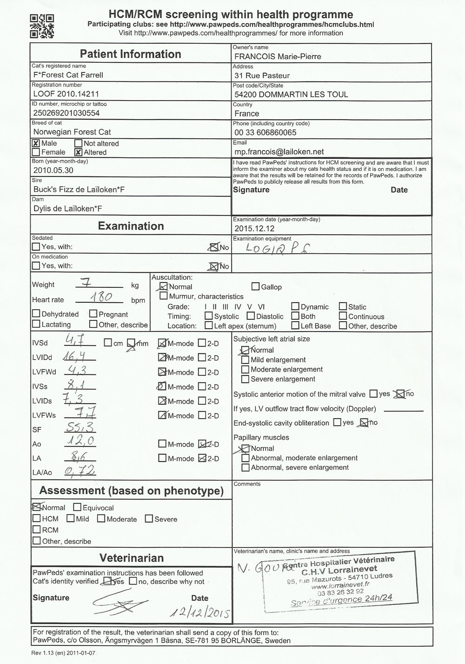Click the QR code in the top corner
[42, 26]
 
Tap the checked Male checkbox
[36, 143]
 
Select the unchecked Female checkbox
[36, 152]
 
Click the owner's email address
[279, 152]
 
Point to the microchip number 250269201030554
[66, 113]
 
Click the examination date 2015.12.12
[254, 229]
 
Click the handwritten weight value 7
[88, 282]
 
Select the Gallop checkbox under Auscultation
[255, 287]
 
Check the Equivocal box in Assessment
[77, 508]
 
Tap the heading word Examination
[131, 226]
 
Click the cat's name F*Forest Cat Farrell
[68, 75]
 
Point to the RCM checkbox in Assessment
[36, 530]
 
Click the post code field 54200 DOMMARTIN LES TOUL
[291, 95]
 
